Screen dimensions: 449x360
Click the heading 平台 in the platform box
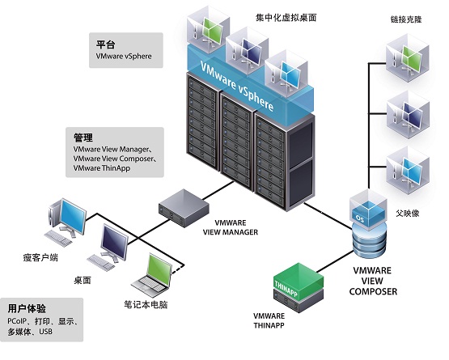(x=105, y=44)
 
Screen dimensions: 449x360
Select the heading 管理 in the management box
(x=83, y=138)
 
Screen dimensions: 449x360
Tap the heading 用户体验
(x=27, y=308)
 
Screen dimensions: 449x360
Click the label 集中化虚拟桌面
(x=286, y=18)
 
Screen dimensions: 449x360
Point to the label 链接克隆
(x=406, y=19)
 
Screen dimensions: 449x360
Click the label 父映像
(x=407, y=213)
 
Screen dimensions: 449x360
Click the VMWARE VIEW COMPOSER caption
(x=373, y=281)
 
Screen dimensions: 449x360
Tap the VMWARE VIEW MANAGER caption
(x=231, y=227)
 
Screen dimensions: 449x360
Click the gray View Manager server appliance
(x=184, y=208)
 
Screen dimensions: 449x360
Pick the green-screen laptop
(x=152, y=273)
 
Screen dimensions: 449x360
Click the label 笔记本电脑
(x=146, y=304)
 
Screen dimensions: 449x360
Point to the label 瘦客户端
(x=40, y=257)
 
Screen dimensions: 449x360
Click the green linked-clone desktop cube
(x=408, y=58)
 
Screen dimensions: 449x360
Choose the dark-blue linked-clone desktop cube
(x=408, y=115)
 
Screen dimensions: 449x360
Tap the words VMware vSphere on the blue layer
(x=236, y=86)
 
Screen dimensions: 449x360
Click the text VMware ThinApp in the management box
(x=102, y=167)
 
